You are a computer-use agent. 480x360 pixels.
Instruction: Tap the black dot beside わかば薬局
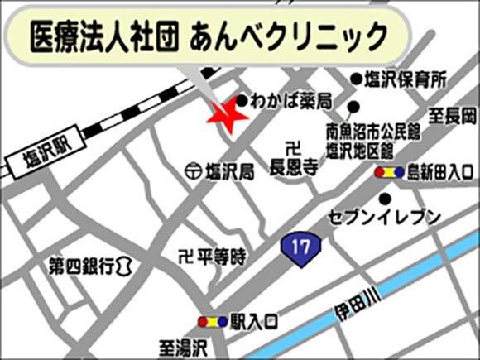242,101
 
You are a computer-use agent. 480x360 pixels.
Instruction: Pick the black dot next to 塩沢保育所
356,79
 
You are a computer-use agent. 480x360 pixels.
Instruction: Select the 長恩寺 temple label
294,166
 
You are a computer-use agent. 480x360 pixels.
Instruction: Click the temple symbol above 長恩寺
290,148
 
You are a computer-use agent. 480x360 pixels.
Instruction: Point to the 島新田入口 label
439,172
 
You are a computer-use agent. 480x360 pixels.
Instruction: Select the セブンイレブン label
384,218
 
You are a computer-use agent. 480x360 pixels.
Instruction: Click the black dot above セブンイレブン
385,199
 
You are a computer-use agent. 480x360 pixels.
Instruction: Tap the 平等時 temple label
219,257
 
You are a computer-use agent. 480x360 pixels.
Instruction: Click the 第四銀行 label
82,266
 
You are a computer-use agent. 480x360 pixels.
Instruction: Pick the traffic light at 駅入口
211,321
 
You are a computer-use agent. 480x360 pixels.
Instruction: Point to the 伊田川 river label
355,304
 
